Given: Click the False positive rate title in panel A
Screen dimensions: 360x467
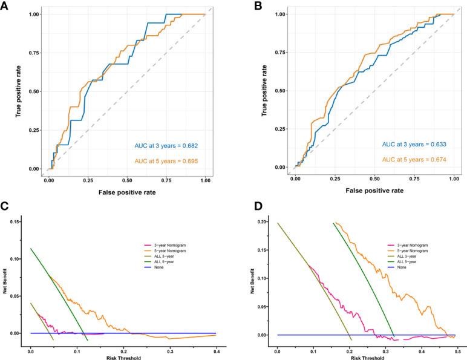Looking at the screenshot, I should pyautogui.click(x=126, y=192).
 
